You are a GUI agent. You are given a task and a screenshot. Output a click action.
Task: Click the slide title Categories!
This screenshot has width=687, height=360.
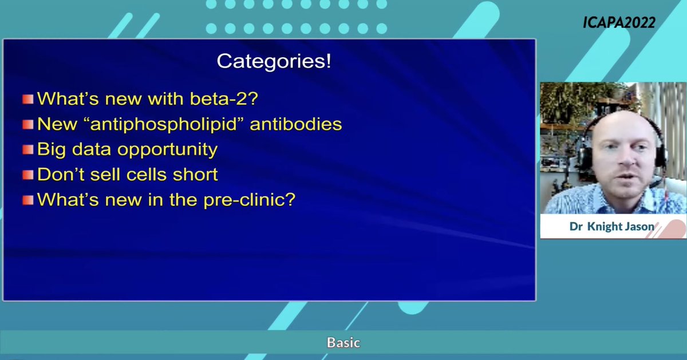[x=274, y=62]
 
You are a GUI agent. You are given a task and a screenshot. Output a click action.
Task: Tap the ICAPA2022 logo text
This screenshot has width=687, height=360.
[x=619, y=22]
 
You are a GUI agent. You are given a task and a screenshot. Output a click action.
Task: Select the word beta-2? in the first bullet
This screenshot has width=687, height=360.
[x=227, y=98]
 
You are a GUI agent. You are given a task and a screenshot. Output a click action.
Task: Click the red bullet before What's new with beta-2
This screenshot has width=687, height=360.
[x=27, y=99]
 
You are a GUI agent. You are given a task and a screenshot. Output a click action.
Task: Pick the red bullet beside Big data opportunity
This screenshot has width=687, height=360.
[x=27, y=150]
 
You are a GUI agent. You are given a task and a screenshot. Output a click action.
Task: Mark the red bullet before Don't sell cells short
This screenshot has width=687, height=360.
[x=27, y=175]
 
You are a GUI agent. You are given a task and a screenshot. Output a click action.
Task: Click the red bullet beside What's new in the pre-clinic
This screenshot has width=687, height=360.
[x=27, y=200]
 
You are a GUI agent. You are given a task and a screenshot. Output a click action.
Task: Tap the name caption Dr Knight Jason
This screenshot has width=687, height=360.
[x=611, y=227]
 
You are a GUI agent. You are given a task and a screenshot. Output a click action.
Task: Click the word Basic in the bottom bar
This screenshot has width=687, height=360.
[x=343, y=343]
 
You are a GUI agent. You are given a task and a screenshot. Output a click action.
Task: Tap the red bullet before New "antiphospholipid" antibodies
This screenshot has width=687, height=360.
[x=27, y=124]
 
